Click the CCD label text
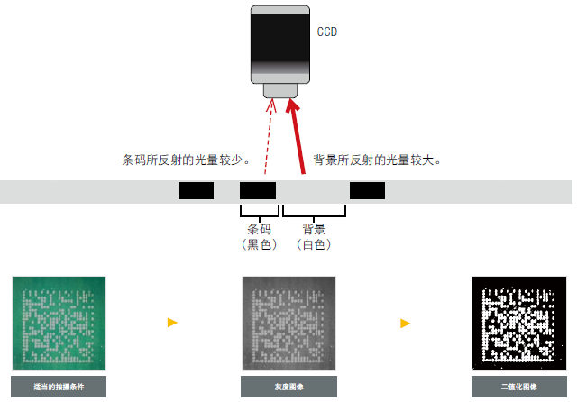[327, 32]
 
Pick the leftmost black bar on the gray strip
[196, 190]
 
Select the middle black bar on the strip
[258, 190]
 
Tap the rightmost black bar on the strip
[367, 190]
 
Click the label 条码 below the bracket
[259, 230]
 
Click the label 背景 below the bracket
[314, 230]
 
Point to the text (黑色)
[259, 244]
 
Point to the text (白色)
[314, 244]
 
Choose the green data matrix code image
[59, 322]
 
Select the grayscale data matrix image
[288, 322]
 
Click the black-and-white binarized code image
[517, 322]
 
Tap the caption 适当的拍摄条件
[59, 388]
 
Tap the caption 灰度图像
[288, 388]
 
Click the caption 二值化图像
[517, 388]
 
